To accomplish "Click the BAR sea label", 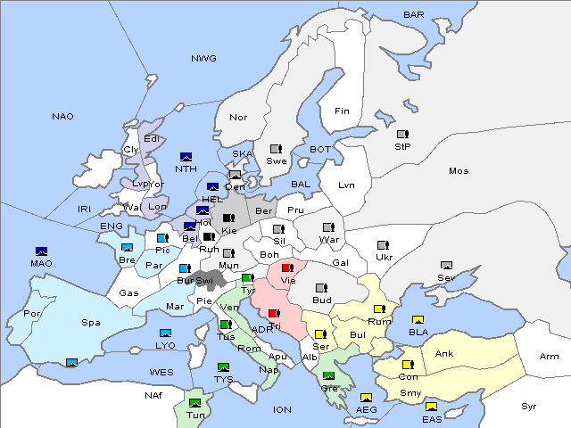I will click(x=414, y=15).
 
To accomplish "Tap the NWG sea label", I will click(x=203, y=59).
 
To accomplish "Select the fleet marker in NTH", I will click(x=186, y=157).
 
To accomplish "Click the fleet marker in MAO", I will click(x=41, y=251).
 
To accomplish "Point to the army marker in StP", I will click(x=402, y=135).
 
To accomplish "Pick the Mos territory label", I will click(x=459, y=170).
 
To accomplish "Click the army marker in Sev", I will click(x=447, y=266).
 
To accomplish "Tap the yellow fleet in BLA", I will click(x=418, y=320).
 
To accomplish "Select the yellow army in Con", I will click(x=408, y=365).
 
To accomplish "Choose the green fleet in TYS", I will click(x=223, y=367).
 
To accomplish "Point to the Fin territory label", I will click(x=342, y=111).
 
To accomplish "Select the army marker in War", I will click(x=328, y=227).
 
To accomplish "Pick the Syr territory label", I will click(x=529, y=406).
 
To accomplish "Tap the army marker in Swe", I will click(x=277, y=149).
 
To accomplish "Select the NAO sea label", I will click(x=62, y=117).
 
